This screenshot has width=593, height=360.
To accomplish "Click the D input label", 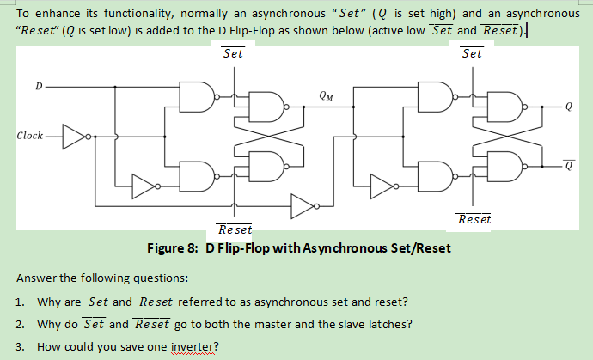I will coord(38,86).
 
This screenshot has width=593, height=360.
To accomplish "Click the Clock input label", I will coord(30,136).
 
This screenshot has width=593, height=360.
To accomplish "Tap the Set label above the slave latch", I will coord(472,53).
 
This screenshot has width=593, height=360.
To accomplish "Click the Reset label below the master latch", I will coord(235,229).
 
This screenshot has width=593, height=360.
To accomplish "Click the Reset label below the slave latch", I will coord(474,219).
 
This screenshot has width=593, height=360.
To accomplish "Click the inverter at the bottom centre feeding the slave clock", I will coord(303,205).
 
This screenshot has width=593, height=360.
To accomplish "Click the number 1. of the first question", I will coord(20,302).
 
